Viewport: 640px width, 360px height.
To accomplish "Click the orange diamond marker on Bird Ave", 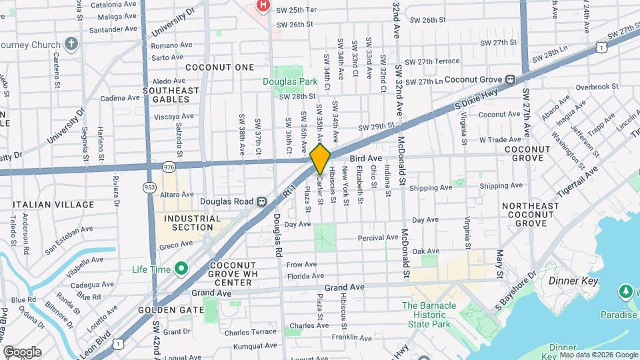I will tap(320, 159).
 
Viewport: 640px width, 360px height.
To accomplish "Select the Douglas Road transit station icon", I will tap(262, 201).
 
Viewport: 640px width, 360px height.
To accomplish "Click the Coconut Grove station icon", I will tap(510, 79).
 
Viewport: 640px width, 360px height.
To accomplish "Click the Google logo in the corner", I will tap(22, 351).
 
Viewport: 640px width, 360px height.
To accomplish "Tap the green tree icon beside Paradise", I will tap(625, 291).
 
